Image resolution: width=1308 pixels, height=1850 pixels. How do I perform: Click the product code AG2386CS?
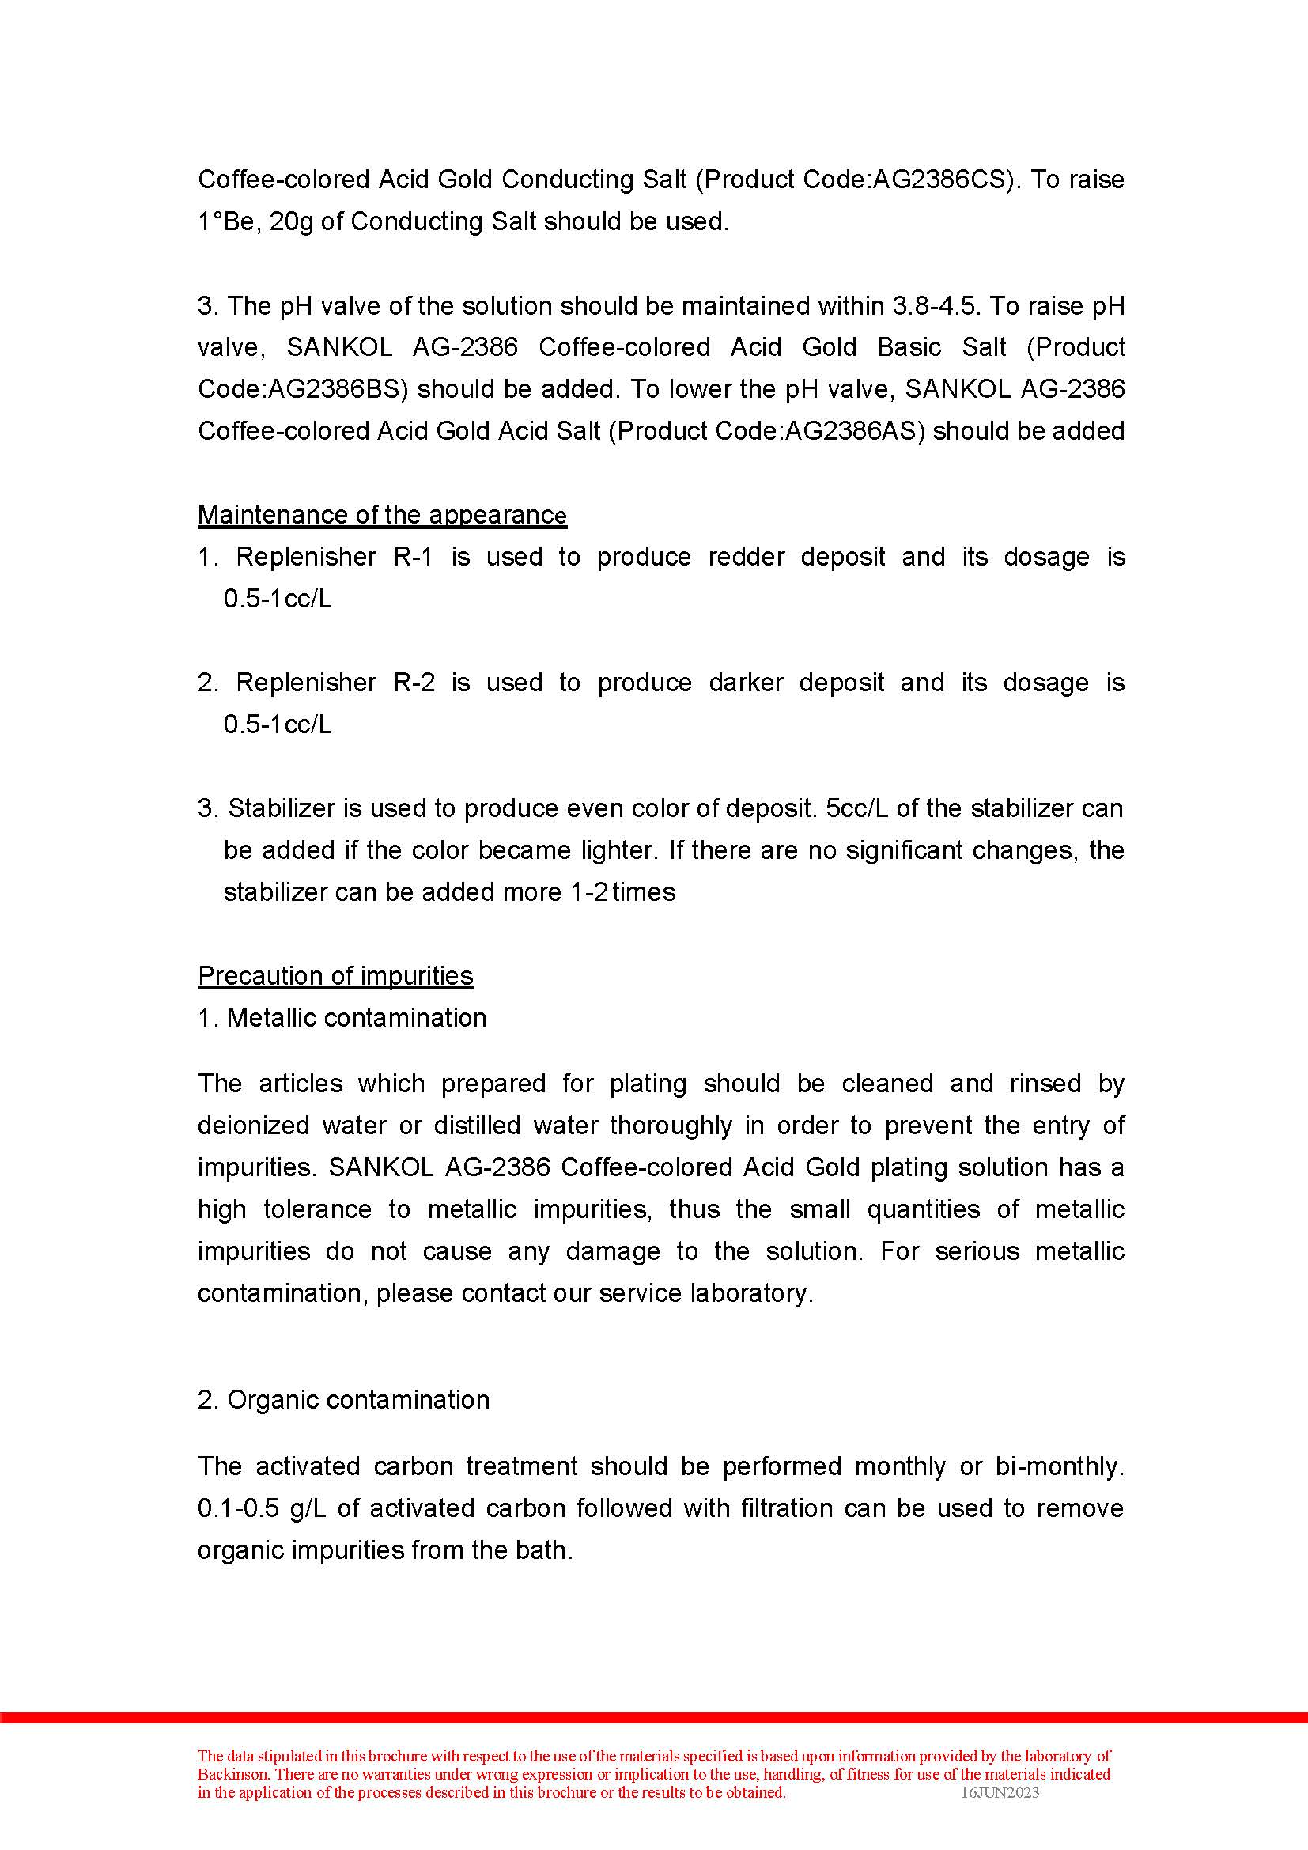tap(935, 179)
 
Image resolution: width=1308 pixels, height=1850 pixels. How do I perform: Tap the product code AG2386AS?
tap(855, 430)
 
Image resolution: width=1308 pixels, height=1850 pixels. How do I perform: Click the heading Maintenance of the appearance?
tap(382, 514)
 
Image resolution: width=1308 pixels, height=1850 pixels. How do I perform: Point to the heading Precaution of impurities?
tap(335, 975)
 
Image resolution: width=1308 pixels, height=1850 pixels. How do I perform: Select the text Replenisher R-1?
tap(335, 556)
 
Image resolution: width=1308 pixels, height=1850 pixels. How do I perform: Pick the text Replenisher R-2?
tap(335, 682)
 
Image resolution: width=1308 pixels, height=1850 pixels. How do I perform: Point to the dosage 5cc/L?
tap(857, 808)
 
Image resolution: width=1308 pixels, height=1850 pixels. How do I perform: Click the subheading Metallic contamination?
tap(356, 1017)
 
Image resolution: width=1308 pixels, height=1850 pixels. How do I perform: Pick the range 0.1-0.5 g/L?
tap(259, 1508)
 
